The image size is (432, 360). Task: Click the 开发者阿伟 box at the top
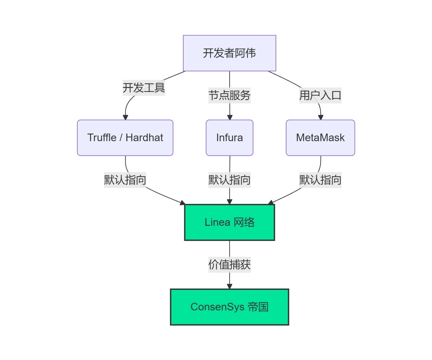[x=229, y=53]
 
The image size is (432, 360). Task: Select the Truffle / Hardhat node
[x=125, y=138]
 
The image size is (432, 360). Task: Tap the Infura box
[x=229, y=138]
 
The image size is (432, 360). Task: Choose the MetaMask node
[x=320, y=138]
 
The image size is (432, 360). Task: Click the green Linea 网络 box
[x=229, y=222]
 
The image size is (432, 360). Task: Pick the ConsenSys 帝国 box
[x=229, y=307]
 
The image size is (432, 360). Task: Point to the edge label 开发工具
[x=144, y=88]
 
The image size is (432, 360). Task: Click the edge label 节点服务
[x=229, y=95]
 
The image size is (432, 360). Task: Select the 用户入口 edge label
[x=320, y=95]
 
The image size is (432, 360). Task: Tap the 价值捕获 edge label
[x=229, y=264]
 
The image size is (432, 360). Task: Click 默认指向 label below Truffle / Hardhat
[x=125, y=180]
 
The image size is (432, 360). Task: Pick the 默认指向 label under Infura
[x=229, y=180]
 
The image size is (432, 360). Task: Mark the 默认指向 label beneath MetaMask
[x=320, y=180]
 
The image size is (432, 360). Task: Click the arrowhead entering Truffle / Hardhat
[x=125, y=117]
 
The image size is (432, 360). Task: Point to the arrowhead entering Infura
[x=230, y=117]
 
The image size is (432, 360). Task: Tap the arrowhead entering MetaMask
[x=320, y=117]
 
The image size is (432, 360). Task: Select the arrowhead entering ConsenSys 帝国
[x=230, y=286]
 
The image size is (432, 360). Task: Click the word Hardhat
[x=144, y=138]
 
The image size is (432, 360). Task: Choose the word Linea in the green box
[x=217, y=222]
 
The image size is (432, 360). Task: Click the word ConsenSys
[x=217, y=307]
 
